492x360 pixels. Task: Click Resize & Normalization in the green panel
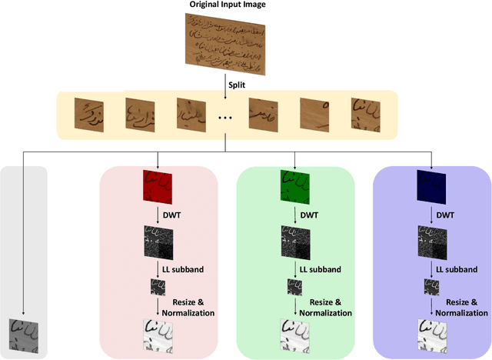(324, 307)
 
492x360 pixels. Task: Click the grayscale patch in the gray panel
(24, 335)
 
